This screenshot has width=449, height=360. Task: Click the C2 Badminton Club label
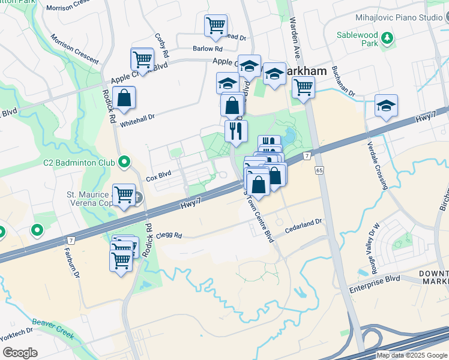tap(79, 162)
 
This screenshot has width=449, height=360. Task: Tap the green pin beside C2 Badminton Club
tap(124, 161)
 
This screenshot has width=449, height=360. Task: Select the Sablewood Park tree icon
tap(388, 38)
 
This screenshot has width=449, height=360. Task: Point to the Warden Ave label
tap(295, 30)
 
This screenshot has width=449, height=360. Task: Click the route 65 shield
tap(318, 171)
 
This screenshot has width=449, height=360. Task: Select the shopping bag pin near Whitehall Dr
tap(124, 100)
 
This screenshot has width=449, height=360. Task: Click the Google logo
tap(20, 352)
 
